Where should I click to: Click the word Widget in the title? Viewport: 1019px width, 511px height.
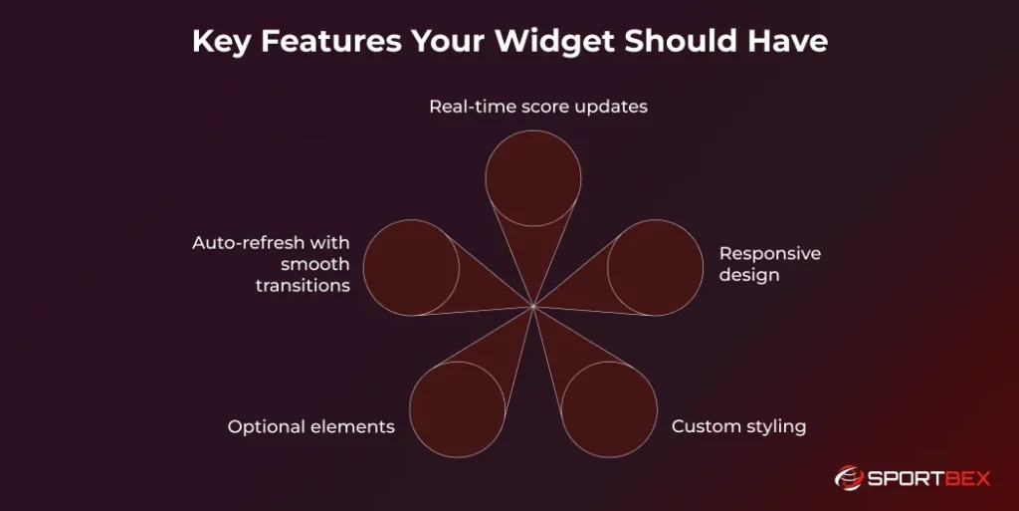554,42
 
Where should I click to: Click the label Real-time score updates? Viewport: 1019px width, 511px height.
538,106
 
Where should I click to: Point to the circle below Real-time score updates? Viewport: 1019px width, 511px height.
533,177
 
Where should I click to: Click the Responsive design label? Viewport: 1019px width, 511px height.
770,264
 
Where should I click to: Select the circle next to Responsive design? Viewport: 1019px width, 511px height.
655,268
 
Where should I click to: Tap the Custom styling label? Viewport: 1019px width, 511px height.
738,426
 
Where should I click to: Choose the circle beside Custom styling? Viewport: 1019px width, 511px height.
609,409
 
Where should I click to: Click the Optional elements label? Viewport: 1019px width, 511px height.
311,426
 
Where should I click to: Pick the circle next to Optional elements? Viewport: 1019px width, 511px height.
457,409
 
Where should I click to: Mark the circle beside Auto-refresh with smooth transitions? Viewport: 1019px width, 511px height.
411,268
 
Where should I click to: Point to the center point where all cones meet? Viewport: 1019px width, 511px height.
533,307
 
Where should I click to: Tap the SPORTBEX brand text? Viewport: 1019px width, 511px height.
929,479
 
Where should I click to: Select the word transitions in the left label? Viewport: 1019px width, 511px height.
303,286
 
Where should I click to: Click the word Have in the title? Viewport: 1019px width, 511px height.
789,42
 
